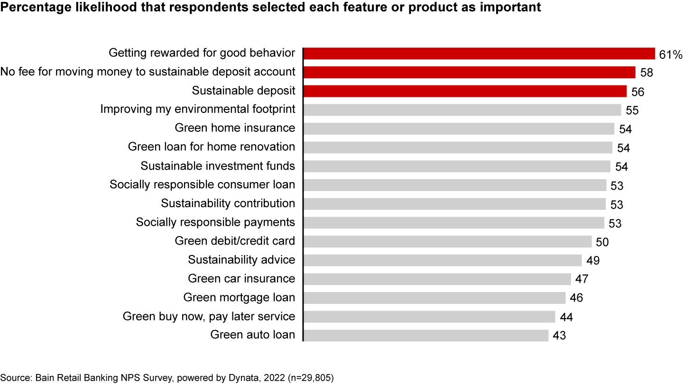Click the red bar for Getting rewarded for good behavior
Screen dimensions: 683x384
(x=479, y=54)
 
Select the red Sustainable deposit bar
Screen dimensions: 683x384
(x=465, y=91)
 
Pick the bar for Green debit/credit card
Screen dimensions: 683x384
(x=448, y=241)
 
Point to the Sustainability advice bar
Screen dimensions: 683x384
(x=443, y=260)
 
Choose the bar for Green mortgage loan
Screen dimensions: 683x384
(x=434, y=298)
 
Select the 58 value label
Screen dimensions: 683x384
(x=646, y=73)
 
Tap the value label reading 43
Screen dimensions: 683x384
(x=559, y=336)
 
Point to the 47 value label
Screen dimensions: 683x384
(x=582, y=279)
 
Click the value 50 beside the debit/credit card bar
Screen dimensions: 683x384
(x=602, y=242)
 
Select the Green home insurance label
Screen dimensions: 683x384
(x=235, y=128)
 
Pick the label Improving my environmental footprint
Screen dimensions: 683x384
(x=198, y=109)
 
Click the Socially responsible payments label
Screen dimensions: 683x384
(x=215, y=222)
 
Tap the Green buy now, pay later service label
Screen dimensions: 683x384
(x=209, y=316)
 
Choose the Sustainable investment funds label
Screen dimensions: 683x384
(x=218, y=166)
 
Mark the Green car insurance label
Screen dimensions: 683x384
(x=241, y=279)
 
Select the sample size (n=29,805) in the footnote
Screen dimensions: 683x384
(x=311, y=378)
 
